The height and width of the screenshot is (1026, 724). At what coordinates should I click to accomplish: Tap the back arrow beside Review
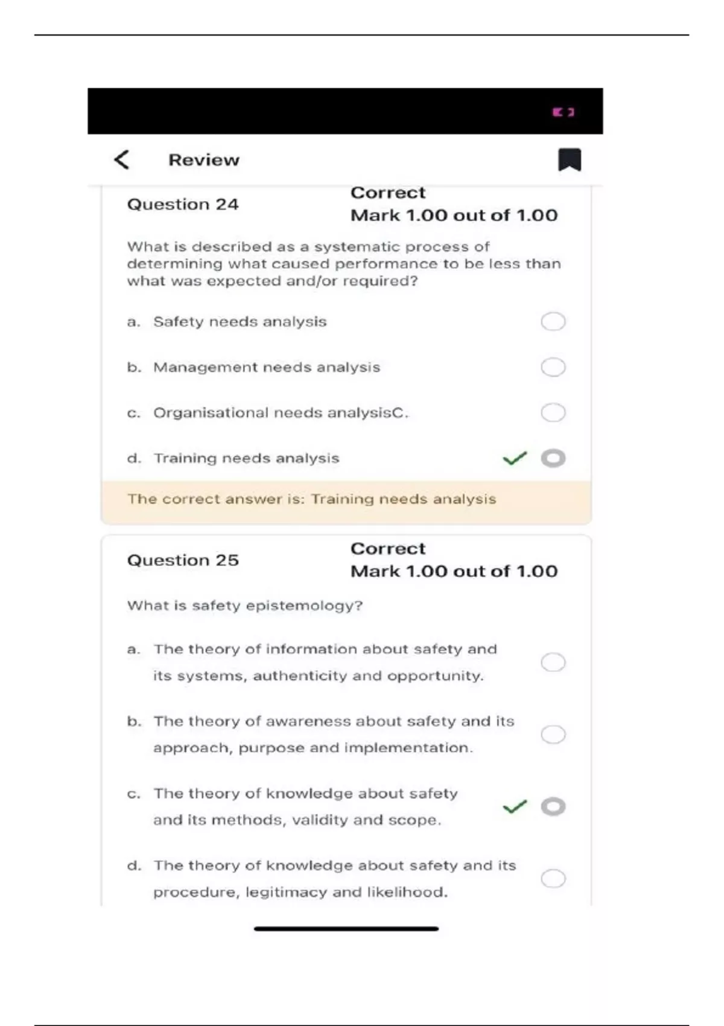[122, 160]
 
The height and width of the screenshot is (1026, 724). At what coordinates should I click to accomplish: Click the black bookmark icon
[569, 160]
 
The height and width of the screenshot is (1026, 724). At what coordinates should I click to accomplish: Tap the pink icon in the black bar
[564, 112]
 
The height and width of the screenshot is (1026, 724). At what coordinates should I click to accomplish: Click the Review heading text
[204, 160]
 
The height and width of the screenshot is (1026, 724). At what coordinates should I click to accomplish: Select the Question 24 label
[183, 205]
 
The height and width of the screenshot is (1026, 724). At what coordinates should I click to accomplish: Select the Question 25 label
[183, 561]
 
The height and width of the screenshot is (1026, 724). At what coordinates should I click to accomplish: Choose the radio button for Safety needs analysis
[553, 322]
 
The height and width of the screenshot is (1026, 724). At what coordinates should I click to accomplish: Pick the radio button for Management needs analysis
[553, 367]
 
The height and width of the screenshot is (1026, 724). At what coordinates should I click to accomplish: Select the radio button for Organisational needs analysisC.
[553, 413]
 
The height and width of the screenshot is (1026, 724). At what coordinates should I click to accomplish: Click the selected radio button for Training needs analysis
[553, 459]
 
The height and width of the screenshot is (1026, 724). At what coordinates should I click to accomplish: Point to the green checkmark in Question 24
[515, 459]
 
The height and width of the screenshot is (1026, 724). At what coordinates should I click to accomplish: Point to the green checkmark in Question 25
[515, 806]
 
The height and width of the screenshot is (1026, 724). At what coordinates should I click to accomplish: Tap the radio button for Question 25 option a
[553, 662]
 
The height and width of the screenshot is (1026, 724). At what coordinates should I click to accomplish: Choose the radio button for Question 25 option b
[553, 734]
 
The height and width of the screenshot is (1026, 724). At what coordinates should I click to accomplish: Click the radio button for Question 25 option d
[553, 878]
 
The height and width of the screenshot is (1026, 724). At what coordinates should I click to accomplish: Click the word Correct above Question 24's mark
[388, 193]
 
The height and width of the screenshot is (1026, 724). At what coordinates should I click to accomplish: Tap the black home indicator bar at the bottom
[346, 929]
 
